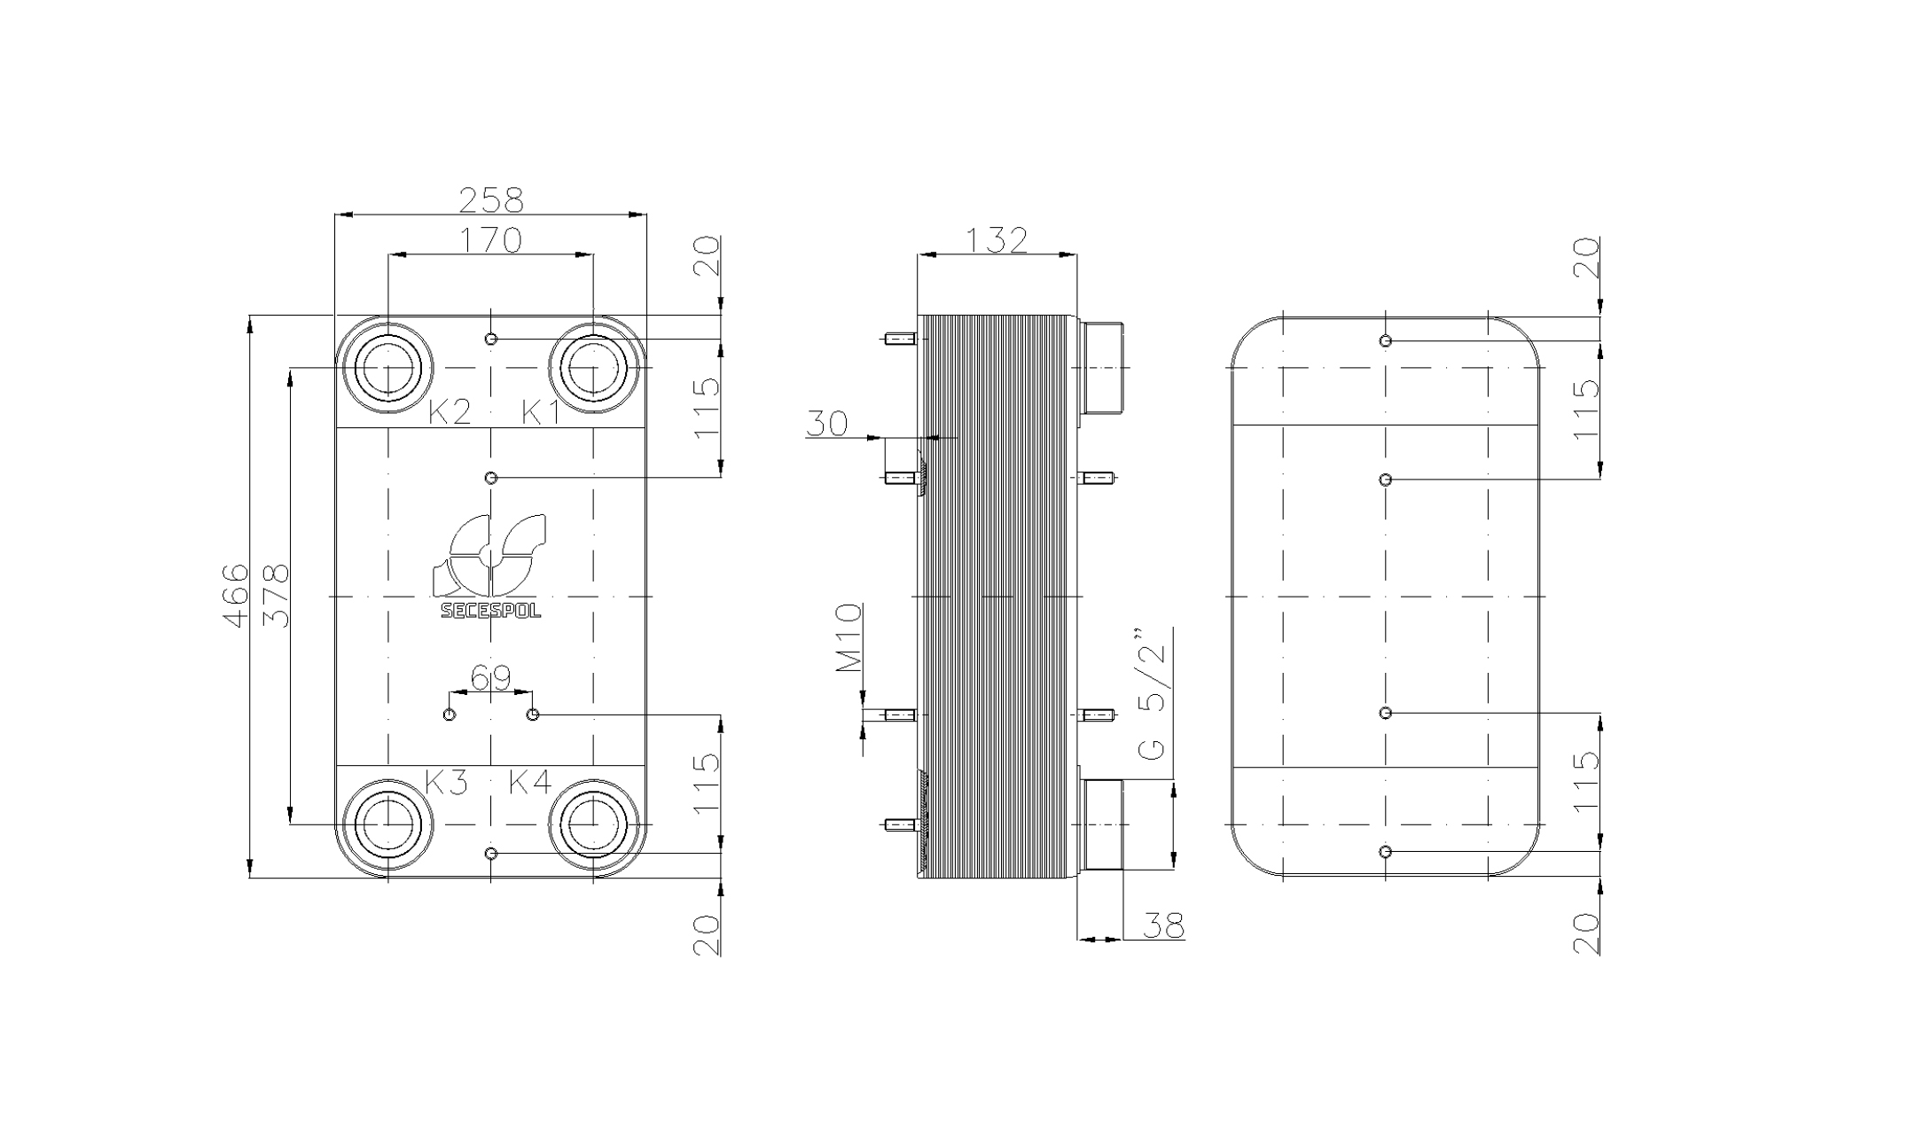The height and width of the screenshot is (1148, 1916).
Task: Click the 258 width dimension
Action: point(490,200)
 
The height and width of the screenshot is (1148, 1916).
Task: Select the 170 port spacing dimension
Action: point(490,240)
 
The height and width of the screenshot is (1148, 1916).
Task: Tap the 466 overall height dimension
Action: point(235,596)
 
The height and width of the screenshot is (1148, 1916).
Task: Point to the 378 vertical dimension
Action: point(277,596)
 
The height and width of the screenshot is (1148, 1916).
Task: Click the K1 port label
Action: point(541,412)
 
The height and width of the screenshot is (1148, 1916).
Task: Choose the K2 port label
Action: point(450,412)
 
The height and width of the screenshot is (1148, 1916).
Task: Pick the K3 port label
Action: point(446,783)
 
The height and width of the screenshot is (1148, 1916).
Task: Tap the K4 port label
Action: point(530,783)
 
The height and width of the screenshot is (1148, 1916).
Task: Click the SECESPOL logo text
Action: point(491,611)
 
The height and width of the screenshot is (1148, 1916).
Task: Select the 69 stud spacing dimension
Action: point(490,679)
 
